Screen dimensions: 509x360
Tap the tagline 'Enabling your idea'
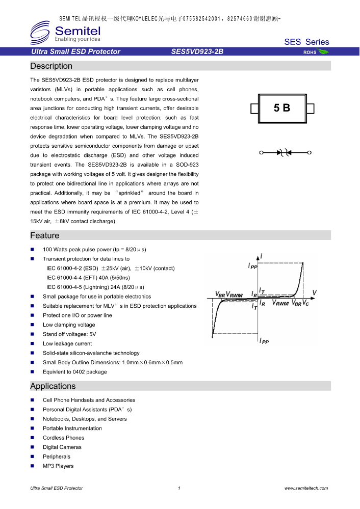pos(77,39)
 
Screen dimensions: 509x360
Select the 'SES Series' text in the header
pos(306,42)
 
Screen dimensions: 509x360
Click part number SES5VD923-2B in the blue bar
pos(197,51)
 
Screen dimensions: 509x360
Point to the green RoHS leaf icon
pos(323,51)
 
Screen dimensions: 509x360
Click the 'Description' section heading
pos(52,66)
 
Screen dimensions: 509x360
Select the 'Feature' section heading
pos(45,235)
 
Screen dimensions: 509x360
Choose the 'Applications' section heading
pos(53,386)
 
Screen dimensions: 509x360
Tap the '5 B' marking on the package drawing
pos(282,108)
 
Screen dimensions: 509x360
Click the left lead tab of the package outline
pos(254,109)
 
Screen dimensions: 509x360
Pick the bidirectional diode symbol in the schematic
pos(283,152)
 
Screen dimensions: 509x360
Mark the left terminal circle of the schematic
pos(261,152)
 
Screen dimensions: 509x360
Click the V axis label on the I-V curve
pos(314,292)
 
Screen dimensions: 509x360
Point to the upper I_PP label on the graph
pos(252,265)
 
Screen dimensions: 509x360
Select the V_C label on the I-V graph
pos(305,303)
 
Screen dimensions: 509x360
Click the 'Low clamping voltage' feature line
pos(69,325)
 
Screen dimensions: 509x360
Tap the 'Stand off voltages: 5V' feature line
pos(69,334)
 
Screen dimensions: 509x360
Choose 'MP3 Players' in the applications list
pos(58,466)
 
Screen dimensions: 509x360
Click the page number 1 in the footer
pos(179,488)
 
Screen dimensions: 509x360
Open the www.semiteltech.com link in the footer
pos(306,488)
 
